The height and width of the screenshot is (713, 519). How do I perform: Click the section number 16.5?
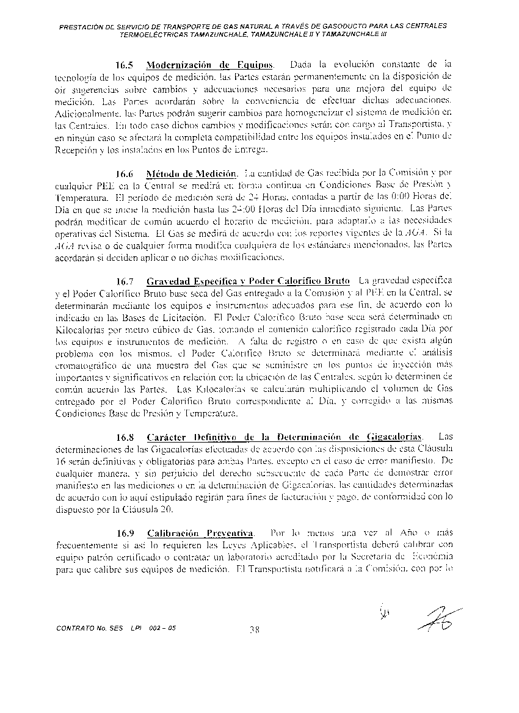125,65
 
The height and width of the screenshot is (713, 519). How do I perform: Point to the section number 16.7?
125,281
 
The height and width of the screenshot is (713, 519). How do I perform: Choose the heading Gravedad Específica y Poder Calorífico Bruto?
248,281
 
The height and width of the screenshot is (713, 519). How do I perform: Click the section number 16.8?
125,437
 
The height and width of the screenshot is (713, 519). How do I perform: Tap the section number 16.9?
125,533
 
